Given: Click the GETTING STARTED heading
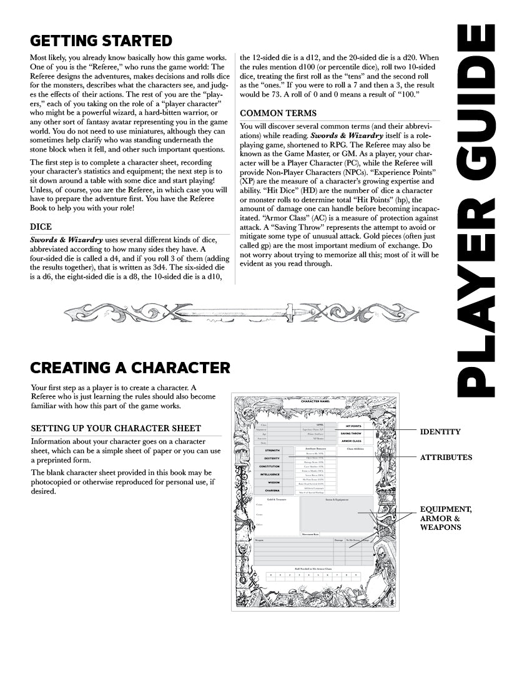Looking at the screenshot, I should (x=101, y=41).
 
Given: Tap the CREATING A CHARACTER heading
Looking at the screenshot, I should (x=130, y=367).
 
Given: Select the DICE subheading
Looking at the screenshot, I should (x=41, y=227).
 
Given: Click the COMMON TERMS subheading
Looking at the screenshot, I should (x=278, y=113).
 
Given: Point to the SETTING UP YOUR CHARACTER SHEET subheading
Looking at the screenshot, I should (x=116, y=428).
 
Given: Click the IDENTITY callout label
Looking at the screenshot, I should (x=440, y=431).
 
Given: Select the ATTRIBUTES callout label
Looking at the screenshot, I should (x=446, y=457).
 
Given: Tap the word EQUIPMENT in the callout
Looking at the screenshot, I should (x=446, y=509).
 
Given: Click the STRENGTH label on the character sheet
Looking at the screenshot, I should (x=272, y=450).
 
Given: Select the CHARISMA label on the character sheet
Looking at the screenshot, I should (x=272, y=491).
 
